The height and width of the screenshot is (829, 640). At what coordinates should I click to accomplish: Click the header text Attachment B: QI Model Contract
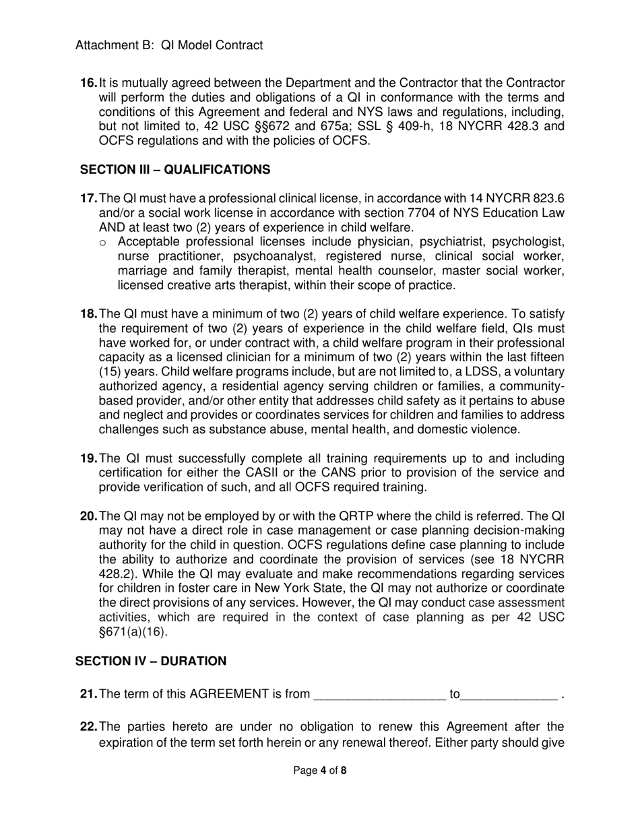click(169, 45)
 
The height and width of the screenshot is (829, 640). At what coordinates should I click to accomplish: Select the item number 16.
click(88, 83)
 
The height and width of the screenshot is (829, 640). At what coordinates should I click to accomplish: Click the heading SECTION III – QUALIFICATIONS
click(175, 169)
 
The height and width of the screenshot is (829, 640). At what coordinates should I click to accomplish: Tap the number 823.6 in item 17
click(546, 199)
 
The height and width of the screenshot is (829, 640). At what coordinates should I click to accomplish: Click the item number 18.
click(88, 314)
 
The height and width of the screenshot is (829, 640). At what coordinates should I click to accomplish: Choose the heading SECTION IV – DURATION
click(151, 661)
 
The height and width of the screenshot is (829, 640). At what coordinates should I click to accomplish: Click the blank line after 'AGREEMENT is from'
click(380, 695)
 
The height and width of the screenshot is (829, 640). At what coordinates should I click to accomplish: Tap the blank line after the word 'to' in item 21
click(510, 695)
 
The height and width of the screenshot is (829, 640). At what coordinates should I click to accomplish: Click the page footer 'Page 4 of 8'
click(320, 770)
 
